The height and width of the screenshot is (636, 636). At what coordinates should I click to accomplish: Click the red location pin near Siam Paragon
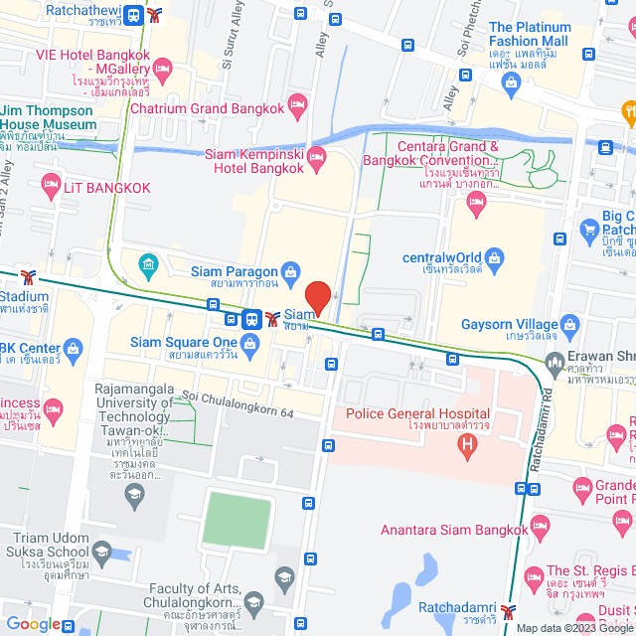click(x=317, y=296)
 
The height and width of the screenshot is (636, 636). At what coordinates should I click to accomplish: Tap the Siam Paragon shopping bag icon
click(x=290, y=269)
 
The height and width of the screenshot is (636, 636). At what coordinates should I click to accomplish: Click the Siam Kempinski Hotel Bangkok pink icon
click(x=317, y=156)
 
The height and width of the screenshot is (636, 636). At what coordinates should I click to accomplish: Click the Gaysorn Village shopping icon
click(x=569, y=324)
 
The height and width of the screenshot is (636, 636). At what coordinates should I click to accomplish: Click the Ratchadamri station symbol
click(x=510, y=612)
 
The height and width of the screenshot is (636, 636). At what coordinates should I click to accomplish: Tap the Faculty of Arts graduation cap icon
click(x=254, y=601)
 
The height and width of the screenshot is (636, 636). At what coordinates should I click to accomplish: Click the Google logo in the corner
click(x=34, y=623)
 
